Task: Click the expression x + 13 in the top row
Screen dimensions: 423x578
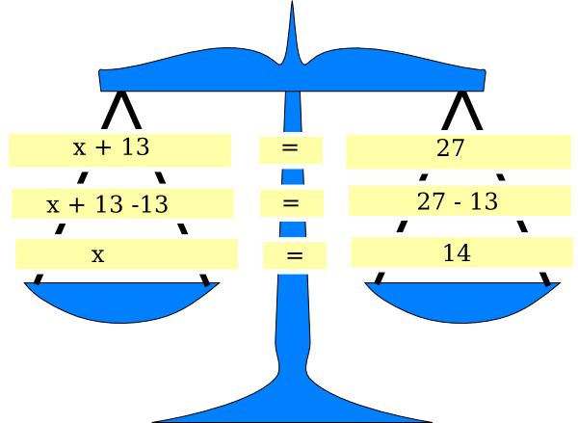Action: (x=111, y=147)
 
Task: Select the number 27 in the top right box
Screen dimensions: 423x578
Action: (x=451, y=147)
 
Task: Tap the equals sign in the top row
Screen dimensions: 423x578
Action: (x=290, y=150)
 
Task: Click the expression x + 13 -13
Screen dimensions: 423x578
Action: (x=107, y=204)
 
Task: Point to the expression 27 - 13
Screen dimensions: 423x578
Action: (x=457, y=200)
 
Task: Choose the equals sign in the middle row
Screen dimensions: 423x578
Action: (x=291, y=203)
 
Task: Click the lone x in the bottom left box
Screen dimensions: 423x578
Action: (x=97, y=255)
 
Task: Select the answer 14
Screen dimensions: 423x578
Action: (x=457, y=253)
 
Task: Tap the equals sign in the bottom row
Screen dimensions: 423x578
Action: (x=295, y=256)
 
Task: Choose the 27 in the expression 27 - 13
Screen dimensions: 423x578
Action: (x=431, y=200)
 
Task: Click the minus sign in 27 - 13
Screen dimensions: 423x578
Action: (x=457, y=201)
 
